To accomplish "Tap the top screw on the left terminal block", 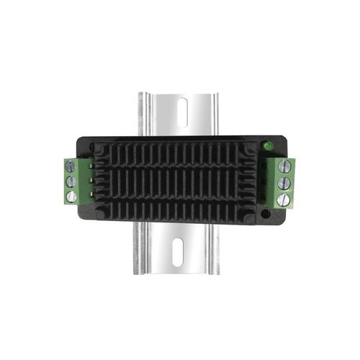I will coord(70,166).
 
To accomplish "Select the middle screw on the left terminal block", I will coord(70,181).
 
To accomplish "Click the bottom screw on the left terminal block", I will coord(70,196).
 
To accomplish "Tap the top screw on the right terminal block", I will coord(283,168).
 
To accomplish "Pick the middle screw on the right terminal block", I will coord(283,183).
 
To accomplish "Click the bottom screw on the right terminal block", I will coord(283,198).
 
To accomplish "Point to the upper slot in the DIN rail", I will coord(181,112).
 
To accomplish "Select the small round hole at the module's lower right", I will coord(266,214).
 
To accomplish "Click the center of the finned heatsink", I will coord(177,181).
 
